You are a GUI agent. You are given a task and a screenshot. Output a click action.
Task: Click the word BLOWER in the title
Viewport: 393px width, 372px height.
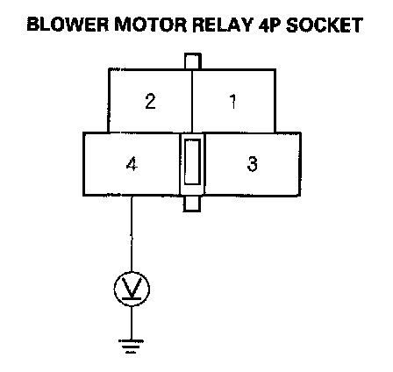tap(68, 25)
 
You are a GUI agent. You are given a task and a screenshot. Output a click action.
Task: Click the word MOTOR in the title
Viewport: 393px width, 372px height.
tap(150, 25)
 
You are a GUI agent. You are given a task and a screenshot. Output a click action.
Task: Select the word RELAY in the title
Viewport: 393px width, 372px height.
tap(222, 25)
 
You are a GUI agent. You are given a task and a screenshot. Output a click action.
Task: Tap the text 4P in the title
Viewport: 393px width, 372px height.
tap(269, 25)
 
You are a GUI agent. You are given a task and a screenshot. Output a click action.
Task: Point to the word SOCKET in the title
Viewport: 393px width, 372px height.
tap(325, 25)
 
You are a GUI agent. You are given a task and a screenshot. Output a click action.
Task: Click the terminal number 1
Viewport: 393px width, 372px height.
tap(232, 102)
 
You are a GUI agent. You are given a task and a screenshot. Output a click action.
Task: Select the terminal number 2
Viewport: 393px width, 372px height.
tap(150, 102)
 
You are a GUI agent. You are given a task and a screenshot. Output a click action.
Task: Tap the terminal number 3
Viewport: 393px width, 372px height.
tap(253, 164)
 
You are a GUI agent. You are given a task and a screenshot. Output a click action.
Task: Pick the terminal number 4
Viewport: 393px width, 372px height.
tap(132, 164)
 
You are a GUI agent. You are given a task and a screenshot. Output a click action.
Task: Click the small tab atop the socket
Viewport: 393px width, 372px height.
tap(193, 61)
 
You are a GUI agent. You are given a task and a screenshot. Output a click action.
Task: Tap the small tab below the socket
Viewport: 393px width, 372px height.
tap(192, 204)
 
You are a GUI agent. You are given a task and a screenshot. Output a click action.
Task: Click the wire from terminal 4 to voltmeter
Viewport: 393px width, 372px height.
tap(132, 233)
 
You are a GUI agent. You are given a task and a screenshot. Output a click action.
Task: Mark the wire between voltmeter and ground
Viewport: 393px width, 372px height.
tap(132, 323)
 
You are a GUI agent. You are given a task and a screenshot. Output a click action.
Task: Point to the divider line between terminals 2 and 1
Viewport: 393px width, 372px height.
tap(192, 101)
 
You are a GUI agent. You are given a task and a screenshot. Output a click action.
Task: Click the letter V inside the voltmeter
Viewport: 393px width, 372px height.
tap(132, 287)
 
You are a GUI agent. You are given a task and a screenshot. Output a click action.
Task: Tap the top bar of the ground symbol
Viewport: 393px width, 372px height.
tap(131, 340)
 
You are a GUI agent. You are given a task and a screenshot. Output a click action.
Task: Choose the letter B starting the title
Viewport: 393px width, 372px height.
tap(33, 25)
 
